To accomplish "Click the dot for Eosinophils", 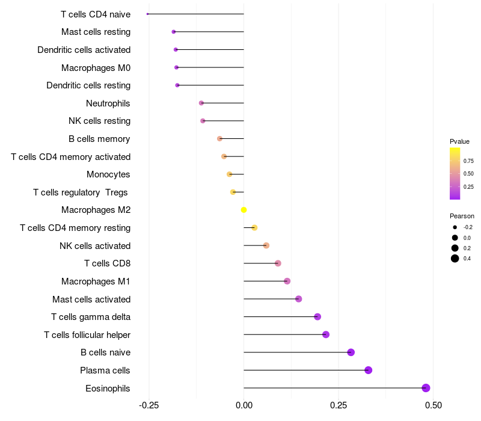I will tap(426, 388).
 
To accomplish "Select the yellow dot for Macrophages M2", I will tap(244, 210).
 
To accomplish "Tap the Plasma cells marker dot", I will tap(368, 370).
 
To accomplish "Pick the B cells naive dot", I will tap(351, 352).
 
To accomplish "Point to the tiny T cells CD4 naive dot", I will tap(148, 14).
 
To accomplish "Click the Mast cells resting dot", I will tap(174, 32).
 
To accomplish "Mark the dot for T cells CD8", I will tap(278, 263).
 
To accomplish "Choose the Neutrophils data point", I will tap(201, 103).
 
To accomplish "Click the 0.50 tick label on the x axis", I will tap(432, 405).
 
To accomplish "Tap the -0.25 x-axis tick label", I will tap(149, 405).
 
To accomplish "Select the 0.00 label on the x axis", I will tap(244, 405).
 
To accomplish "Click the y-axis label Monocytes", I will tap(108, 174).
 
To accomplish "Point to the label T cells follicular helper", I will tap(87, 334).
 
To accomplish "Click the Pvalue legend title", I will tap(459, 141).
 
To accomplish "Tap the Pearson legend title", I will tap(462, 216).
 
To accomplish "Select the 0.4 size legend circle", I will tap(455, 259).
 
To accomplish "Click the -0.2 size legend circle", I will tap(455, 227).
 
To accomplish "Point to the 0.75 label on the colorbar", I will tap(468, 161).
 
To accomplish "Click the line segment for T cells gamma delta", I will tap(280, 317).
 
